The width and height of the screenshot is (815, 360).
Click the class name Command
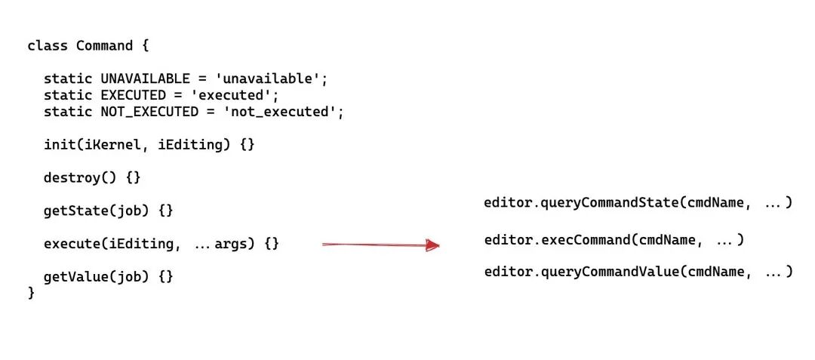tap(104, 46)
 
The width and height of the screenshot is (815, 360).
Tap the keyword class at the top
tap(48, 46)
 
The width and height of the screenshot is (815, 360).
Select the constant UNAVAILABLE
tap(145, 78)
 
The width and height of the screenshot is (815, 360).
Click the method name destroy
tap(72, 178)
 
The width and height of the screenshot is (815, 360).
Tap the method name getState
tap(75, 211)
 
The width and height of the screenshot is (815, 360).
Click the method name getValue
tap(75, 276)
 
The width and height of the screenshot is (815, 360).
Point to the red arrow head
tap(432, 245)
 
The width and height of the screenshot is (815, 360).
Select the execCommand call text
tap(589, 240)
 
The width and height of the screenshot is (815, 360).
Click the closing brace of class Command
tap(32, 293)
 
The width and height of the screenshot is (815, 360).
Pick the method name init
tap(59, 144)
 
